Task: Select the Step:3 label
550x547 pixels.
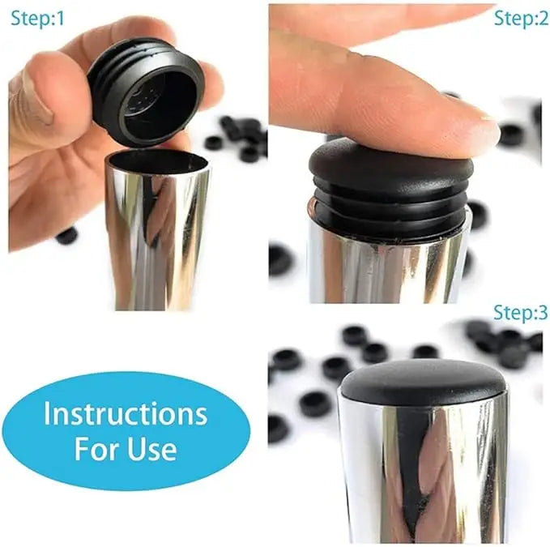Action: pos(521,314)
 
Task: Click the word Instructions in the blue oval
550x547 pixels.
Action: pos(126,413)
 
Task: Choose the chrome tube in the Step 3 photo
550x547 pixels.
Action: pos(421,470)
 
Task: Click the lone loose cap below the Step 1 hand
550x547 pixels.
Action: pos(66,235)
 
